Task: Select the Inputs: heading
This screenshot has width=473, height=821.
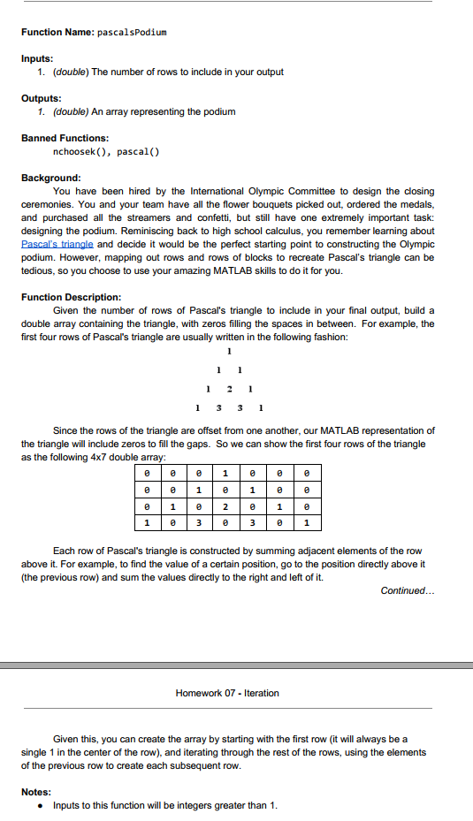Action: coord(38,59)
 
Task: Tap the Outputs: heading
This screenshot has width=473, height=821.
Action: coord(42,98)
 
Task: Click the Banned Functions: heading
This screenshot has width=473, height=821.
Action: coord(65,138)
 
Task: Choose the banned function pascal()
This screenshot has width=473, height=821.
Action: coord(138,151)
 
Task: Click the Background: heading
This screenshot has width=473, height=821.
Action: coord(51,178)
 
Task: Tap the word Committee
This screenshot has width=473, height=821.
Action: coord(292,191)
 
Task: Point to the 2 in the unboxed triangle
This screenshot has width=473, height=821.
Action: coord(230,388)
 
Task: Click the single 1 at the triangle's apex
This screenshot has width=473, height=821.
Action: coord(230,351)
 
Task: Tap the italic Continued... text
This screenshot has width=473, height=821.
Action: coord(407,590)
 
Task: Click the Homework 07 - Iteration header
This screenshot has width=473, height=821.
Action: coord(227,693)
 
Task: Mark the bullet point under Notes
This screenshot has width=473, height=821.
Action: coord(42,805)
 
